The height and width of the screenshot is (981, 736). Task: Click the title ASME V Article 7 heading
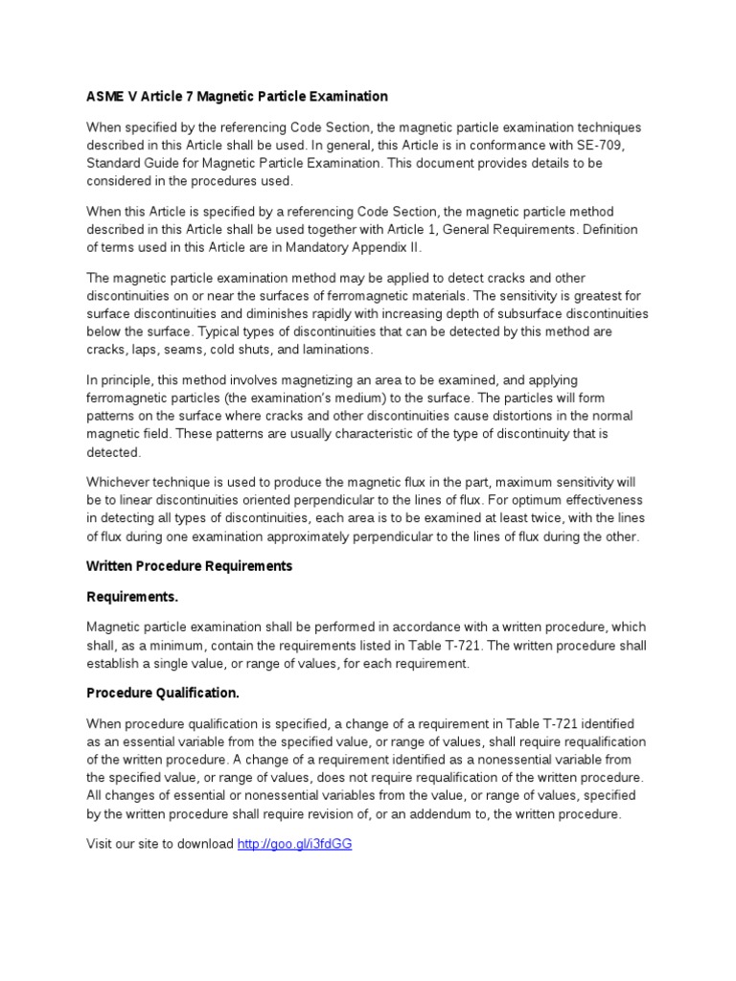coord(237,96)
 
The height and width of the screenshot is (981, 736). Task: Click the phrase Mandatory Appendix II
coord(329,246)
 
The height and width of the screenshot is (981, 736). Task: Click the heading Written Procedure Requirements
coord(189,566)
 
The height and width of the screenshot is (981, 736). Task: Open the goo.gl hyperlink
coord(294,844)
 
